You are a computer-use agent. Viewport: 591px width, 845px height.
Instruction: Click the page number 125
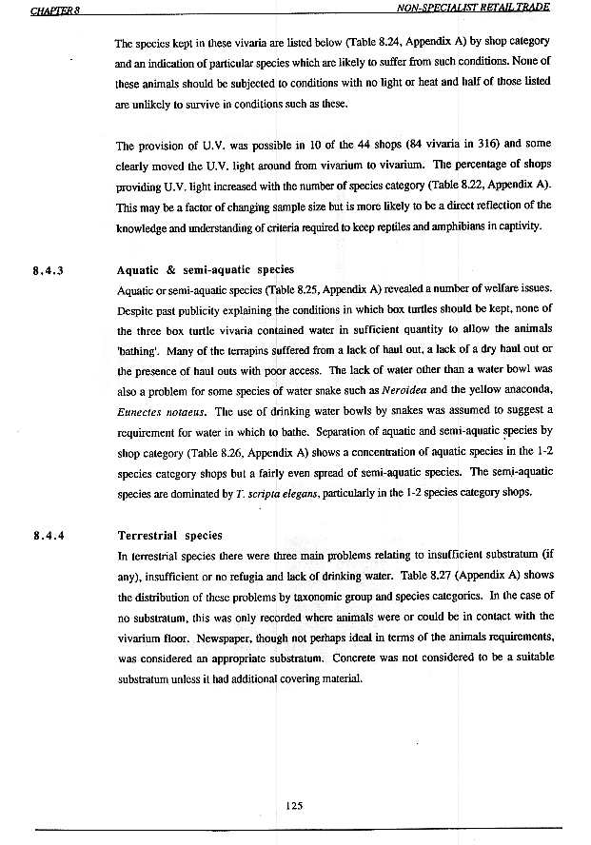pyautogui.click(x=294, y=804)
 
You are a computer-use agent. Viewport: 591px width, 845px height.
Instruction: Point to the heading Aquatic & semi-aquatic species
pyautogui.click(x=206, y=270)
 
